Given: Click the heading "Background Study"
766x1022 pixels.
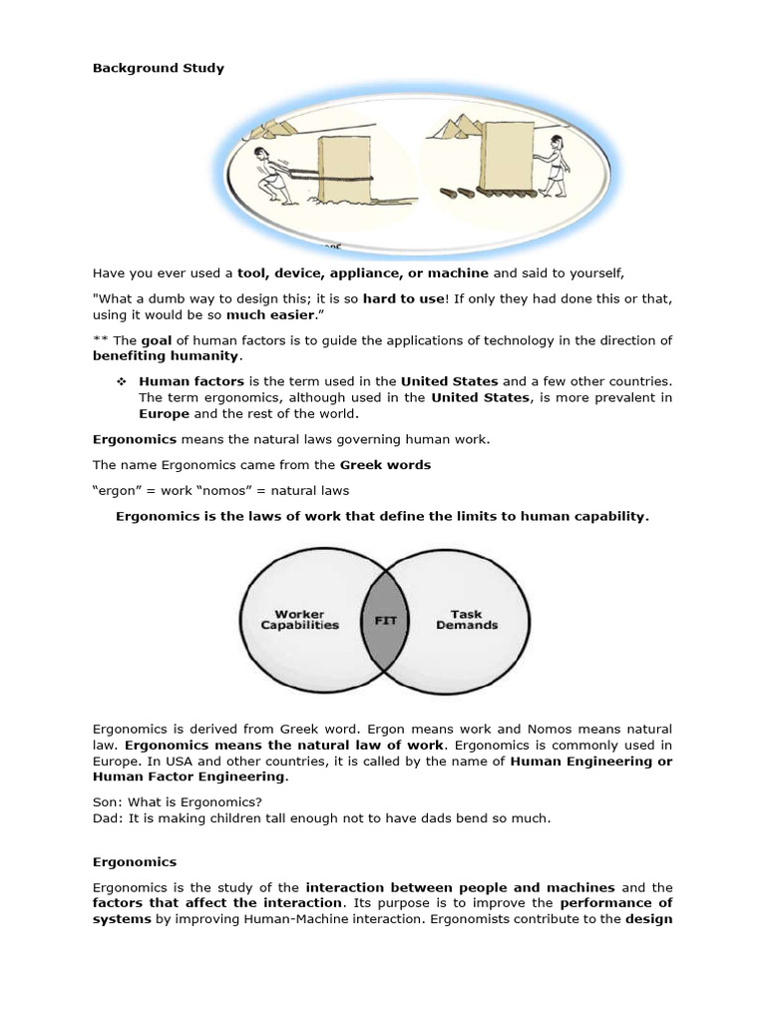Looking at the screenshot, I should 159,68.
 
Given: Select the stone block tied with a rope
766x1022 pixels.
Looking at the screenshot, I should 345,170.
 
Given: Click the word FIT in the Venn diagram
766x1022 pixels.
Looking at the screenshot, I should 385,620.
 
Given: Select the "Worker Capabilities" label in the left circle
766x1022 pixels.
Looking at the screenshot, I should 299,620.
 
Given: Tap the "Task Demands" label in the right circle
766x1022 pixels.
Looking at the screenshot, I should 467,620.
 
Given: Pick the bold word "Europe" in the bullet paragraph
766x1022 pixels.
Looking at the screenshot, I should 164,413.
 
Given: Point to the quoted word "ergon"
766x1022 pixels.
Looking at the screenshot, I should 116,490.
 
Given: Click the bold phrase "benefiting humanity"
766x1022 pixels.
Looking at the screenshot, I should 167,355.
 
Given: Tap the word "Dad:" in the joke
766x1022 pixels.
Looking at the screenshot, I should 109,818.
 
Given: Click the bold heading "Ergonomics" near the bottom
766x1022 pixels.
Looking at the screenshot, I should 135,861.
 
